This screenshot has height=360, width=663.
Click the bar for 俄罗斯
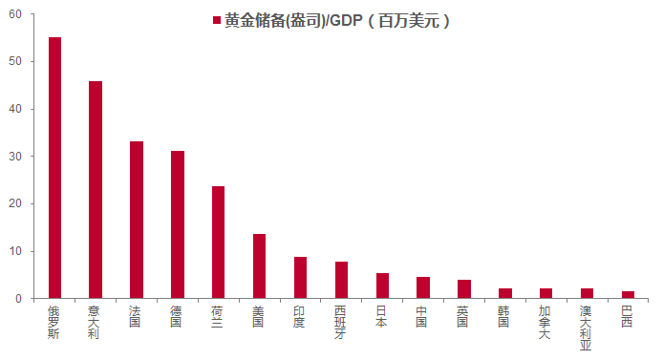(x=54, y=168)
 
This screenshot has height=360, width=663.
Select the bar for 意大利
(x=96, y=190)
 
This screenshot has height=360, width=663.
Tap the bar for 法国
(x=137, y=220)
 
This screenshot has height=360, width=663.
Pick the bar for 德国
(x=178, y=224)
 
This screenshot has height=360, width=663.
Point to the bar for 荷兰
(x=218, y=243)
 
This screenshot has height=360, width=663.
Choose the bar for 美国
(x=259, y=266)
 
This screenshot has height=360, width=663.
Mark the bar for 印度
(x=300, y=278)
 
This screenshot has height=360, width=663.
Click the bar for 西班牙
(x=341, y=280)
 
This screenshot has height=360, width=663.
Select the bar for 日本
(x=382, y=286)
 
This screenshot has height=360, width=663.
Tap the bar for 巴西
(x=628, y=295)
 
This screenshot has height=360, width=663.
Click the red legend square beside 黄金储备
(x=217, y=20)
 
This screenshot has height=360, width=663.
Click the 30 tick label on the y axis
(x=15, y=157)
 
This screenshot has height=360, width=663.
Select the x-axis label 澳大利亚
(x=586, y=328)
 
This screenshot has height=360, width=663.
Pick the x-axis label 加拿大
(x=545, y=323)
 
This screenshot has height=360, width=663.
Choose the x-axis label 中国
(x=421, y=317)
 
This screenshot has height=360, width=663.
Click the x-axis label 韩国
(x=503, y=317)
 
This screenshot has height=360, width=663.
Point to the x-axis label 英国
(x=462, y=317)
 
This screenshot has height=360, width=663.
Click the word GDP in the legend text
(x=346, y=21)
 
